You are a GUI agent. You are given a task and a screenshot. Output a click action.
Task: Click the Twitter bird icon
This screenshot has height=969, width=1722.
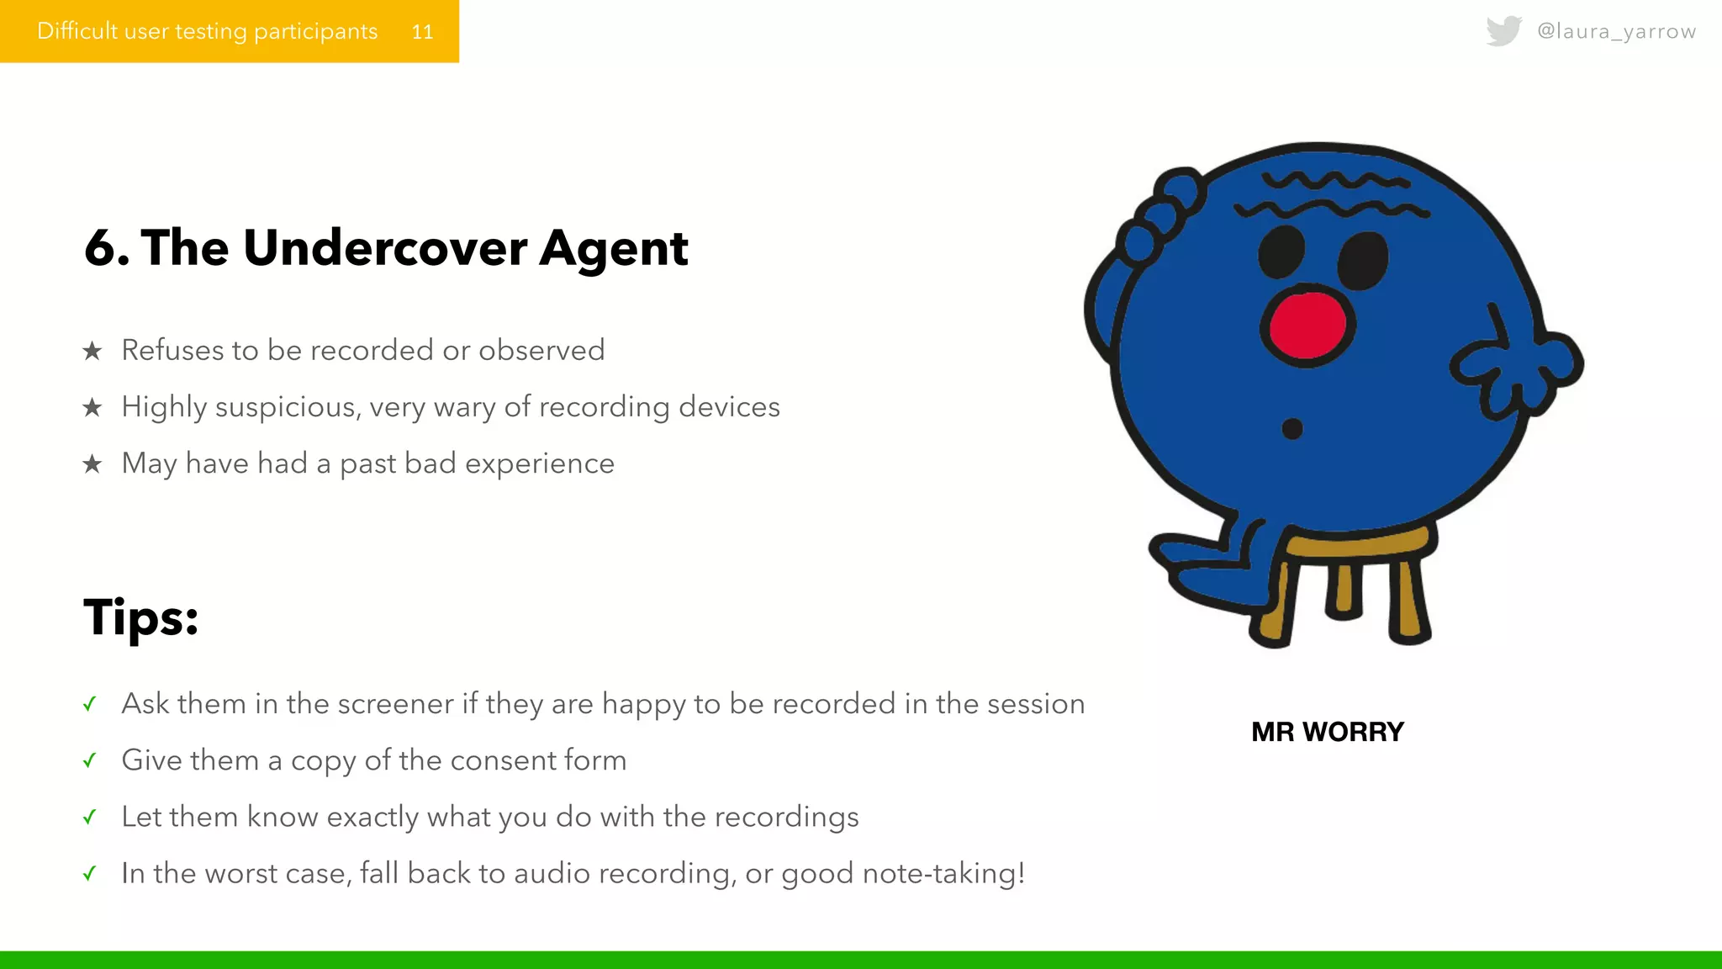[1503, 31]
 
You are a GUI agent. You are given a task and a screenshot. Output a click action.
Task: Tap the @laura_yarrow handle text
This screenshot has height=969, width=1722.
[1616, 31]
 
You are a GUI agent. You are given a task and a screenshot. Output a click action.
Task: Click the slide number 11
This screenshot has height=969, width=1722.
[422, 32]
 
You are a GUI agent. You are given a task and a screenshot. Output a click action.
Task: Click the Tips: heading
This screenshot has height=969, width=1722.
[141, 617]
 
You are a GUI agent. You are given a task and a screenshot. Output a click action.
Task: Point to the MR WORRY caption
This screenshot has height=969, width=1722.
[1327, 732]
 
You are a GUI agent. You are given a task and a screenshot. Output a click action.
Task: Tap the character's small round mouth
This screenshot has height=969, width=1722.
[1292, 429]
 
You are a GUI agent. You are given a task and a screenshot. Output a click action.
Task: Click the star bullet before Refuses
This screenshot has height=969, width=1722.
[92, 351]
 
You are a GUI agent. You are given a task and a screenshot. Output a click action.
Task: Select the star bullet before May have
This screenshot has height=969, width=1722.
[92, 464]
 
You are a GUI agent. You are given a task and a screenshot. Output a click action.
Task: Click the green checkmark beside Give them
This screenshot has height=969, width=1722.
[90, 761]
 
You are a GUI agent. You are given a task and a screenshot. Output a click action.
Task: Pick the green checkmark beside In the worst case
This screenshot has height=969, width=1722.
[90, 874]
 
